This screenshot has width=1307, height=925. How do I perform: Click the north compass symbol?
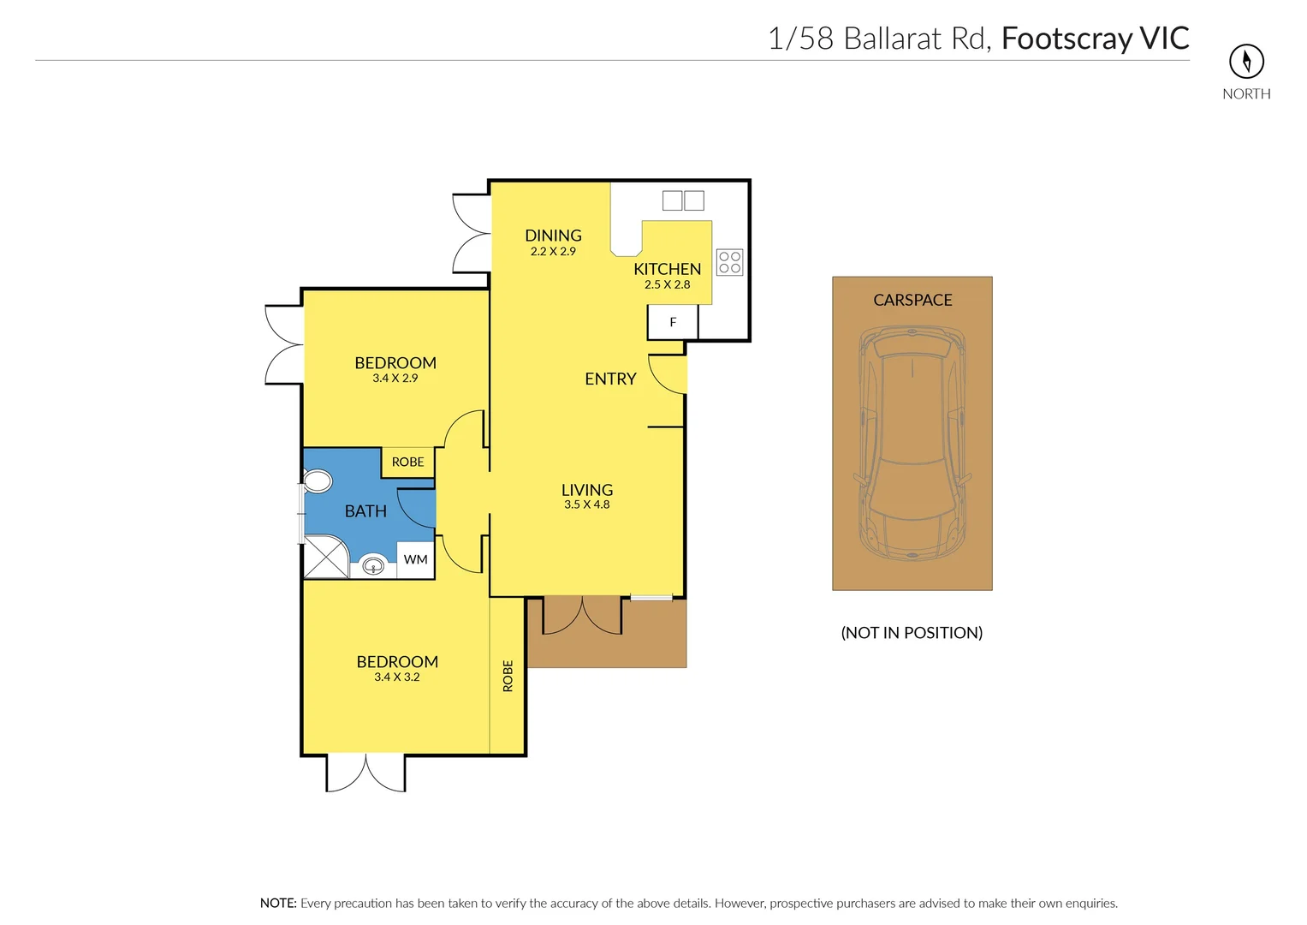[x=1246, y=61]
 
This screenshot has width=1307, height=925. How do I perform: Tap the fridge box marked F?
[x=673, y=323]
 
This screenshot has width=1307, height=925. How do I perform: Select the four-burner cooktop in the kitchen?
[x=729, y=262]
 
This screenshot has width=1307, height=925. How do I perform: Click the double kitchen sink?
[x=683, y=200]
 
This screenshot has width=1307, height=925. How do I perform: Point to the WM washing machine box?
[x=416, y=559]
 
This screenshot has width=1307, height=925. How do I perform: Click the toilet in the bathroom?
[x=317, y=480]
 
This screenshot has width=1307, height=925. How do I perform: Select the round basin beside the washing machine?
[x=373, y=565]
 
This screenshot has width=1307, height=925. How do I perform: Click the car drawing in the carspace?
[x=912, y=443]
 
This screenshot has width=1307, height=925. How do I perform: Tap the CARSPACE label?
[x=912, y=300]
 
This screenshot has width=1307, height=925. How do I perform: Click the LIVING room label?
[x=587, y=490]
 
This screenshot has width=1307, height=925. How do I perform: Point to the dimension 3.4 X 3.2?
[x=397, y=677]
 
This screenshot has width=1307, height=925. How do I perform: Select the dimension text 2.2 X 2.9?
[x=553, y=252]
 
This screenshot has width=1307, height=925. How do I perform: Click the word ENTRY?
[x=610, y=379]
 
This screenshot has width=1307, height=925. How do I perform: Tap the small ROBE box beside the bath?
[x=408, y=462]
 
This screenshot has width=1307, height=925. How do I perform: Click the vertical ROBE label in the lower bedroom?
[x=508, y=676]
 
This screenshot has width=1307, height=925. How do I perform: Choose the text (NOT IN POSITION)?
[x=912, y=633]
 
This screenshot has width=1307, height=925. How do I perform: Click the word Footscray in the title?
[x=1066, y=39]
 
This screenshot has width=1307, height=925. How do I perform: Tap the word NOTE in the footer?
[x=278, y=903]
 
